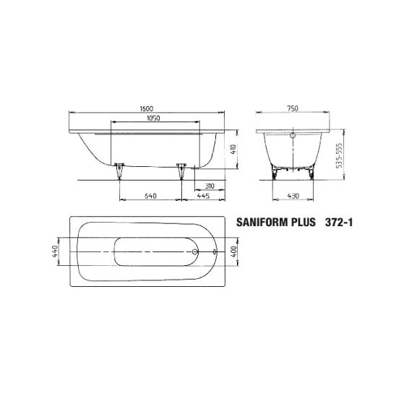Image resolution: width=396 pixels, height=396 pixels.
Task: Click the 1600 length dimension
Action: tap(147, 108)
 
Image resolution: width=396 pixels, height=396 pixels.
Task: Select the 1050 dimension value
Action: tap(153, 118)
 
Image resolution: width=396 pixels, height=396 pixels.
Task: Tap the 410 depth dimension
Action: tap(233, 150)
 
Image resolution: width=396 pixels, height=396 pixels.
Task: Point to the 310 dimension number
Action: tap(210, 186)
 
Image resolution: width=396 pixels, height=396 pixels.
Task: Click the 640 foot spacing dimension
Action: tap(150, 196)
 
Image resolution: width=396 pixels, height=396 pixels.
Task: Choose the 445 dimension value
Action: tap(203, 196)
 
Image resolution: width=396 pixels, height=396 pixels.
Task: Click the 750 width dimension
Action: tap(293, 108)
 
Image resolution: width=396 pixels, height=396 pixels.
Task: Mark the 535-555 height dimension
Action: tap(339, 155)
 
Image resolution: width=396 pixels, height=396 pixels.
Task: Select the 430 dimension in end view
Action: tap(293, 196)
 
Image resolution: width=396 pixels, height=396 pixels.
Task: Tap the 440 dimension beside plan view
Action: tap(55, 251)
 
